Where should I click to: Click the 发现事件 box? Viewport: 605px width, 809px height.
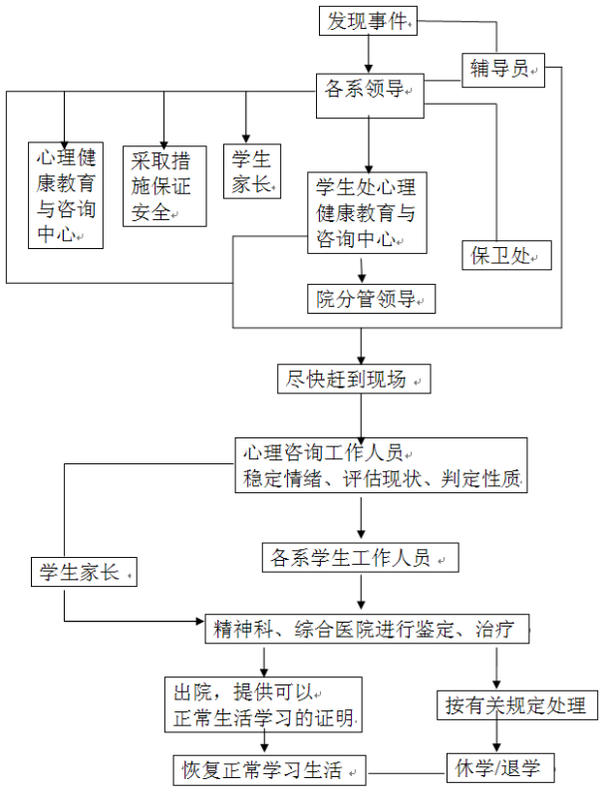pos(368,21)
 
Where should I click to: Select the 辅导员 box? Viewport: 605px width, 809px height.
pos(503,70)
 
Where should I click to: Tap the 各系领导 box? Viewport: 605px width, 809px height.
pos(370,96)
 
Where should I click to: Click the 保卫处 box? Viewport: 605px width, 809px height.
pos(506,255)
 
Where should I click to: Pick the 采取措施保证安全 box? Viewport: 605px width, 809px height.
pos(164,186)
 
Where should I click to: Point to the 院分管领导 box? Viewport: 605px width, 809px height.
pos(371,299)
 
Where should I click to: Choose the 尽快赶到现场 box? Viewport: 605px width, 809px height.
pos(354,380)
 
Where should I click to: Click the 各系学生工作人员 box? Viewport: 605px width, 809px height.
pos(361,557)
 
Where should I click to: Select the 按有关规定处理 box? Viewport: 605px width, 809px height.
pos(517,705)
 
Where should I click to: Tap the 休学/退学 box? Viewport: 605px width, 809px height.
pos(500,768)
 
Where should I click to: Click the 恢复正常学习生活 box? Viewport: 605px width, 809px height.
pos(269,770)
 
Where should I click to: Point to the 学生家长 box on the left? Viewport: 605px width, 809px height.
pos(84,572)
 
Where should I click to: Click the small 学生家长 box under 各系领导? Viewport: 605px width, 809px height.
pos(252,171)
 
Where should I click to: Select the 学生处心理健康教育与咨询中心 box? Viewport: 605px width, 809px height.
pos(367,212)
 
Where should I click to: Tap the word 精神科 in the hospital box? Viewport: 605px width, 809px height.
pos(243,629)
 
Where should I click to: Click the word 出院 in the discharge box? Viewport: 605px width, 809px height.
pos(193,692)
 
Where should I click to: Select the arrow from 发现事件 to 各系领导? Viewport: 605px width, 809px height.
pos(369,54)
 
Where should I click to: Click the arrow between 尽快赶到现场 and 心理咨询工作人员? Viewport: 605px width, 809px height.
pos(361,416)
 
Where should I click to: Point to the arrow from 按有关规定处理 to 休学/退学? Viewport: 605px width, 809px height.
pos(496,736)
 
